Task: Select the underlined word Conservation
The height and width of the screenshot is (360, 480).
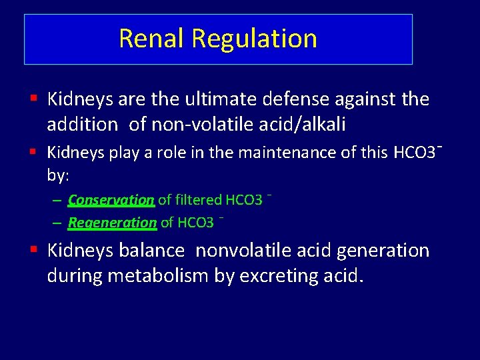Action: coord(111,200)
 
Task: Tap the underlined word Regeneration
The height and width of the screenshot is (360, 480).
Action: coord(112,223)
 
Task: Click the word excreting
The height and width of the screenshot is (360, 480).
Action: coord(283,275)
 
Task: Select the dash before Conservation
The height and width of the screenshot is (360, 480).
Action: coord(58,200)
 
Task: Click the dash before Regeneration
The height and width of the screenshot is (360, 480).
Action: coord(58,223)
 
